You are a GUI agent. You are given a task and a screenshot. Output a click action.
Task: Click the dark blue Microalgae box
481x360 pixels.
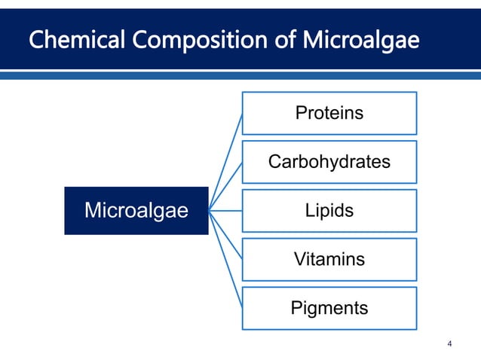[x=136, y=211]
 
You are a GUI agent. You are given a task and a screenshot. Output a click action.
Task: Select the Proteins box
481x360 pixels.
[x=329, y=113]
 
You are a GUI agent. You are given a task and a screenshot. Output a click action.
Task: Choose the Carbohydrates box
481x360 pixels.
[x=329, y=162]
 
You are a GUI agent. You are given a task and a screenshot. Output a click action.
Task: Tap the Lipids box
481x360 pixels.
[x=329, y=211]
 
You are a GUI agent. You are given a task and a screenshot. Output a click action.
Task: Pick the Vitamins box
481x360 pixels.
[x=329, y=260]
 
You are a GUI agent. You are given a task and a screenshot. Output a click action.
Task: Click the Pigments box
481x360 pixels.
[x=329, y=308]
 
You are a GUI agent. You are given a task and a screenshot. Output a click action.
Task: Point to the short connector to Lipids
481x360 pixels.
[x=225, y=211]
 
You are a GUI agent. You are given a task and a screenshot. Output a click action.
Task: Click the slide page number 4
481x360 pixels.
[x=450, y=345]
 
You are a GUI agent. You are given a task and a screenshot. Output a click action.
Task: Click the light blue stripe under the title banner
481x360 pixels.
[x=240, y=76]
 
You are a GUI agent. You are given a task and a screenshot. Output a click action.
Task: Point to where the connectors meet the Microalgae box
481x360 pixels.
[x=210, y=211]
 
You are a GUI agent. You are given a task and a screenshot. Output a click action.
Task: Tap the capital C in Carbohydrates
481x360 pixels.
[x=274, y=162]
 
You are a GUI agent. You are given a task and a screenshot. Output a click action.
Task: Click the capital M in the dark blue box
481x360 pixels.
[x=93, y=211]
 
